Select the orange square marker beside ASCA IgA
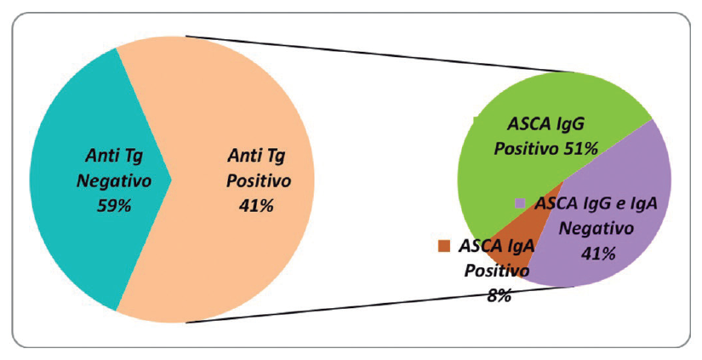click(x=443, y=246)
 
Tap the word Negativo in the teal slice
click(x=114, y=180)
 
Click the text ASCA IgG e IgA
click(x=595, y=203)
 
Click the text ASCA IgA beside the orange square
click(x=496, y=247)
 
